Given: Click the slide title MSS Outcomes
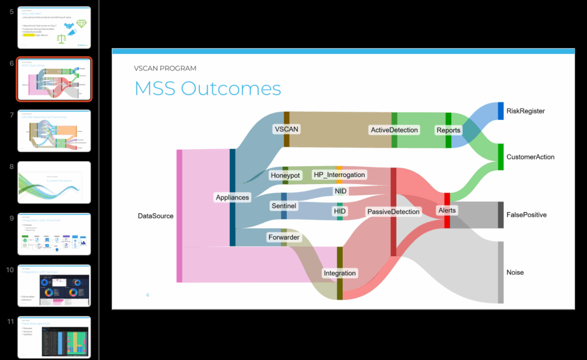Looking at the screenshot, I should tap(208, 89).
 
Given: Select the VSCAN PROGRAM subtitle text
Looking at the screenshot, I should tap(165, 68).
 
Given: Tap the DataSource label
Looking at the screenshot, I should tap(155, 216).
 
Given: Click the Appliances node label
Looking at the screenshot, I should tap(232, 197).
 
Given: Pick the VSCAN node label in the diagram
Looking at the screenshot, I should tap(286, 129).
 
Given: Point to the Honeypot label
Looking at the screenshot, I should tap(285, 175).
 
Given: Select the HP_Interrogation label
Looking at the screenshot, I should tap(339, 174).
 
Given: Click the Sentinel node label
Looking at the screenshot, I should tap(283, 205).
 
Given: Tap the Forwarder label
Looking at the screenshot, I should tap(284, 237).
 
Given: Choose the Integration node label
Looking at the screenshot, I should tap(340, 273).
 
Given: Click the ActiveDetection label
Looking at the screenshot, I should tap(394, 130).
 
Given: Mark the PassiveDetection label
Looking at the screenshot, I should tap(393, 212).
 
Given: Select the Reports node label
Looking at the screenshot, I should tap(448, 130).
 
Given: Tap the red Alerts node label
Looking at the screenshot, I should tap(447, 210).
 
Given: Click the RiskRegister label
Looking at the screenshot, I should tap(525, 111).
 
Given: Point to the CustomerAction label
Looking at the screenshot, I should tap(530, 156).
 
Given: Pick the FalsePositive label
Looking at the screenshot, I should tap(526, 215).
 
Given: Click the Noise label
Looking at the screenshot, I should tap(515, 272).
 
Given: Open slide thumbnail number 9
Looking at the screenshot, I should tap(54, 234).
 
